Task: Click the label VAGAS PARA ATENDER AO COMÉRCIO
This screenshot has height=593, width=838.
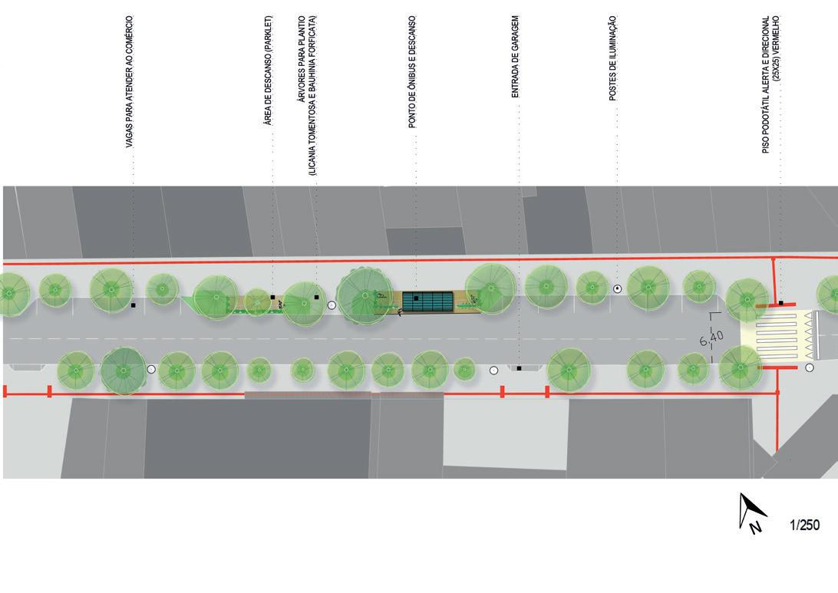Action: pos(130,82)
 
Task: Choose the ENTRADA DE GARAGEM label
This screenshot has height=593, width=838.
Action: pos(516,57)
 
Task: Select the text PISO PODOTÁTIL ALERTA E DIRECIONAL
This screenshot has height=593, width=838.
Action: pos(766,84)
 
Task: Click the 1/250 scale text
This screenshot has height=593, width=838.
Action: pos(804,525)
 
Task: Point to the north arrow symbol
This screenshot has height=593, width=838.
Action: pos(751,512)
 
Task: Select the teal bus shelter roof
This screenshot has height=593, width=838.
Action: pos(428,301)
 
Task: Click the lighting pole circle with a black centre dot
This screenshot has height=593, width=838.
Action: pos(617,288)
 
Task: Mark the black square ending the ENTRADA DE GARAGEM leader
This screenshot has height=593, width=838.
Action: pos(519,368)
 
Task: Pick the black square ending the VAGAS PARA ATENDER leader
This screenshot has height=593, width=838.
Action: pos(134,305)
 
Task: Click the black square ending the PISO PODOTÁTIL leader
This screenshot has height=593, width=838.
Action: pos(781,303)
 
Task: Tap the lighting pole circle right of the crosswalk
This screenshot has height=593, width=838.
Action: pos(810,368)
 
